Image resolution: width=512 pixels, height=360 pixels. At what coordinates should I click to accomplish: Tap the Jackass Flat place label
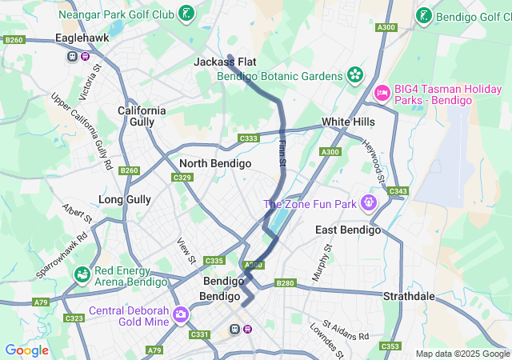click(x=224, y=62)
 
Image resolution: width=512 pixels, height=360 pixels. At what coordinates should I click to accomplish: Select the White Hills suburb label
click(x=348, y=122)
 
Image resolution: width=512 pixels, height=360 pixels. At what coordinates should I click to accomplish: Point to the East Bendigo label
click(x=348, y=230)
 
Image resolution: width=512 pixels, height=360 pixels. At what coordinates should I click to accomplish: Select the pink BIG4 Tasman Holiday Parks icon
click(x=382, y=94)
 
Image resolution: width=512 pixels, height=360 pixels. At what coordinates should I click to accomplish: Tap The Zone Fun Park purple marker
click(x=368, y=203)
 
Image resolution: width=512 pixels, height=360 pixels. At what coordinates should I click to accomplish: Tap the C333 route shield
click(x=249, y=139)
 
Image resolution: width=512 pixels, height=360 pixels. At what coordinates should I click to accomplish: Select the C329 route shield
click(x=182, y=178)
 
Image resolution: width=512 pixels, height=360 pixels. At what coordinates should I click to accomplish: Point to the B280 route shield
click(x=285, y=283)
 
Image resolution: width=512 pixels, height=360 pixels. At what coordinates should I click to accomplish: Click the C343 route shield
click(x=398, y=191)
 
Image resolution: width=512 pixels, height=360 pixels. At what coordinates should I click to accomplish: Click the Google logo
click(x=26, y=350)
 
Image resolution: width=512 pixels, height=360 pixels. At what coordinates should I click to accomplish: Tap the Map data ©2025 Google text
click(x=462, y=354)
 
